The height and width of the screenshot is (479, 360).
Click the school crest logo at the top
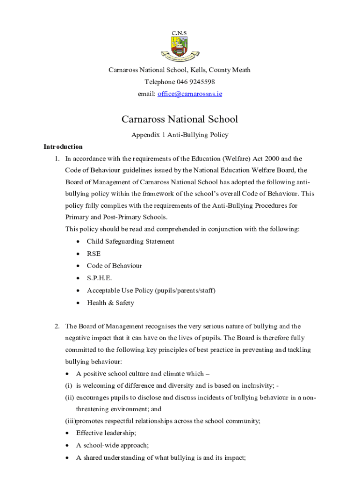coord(180,50)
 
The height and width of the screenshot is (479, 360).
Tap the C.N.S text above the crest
coord(180,33)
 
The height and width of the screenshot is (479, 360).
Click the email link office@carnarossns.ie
coord(190,94)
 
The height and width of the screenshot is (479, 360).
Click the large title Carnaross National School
coord(180,119)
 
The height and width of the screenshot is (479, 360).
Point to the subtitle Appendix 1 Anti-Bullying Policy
coord(180,135)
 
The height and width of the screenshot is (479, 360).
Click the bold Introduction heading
coord(63,146)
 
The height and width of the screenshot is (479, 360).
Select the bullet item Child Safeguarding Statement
coord(130,241)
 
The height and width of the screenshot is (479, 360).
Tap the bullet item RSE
coord(94,254)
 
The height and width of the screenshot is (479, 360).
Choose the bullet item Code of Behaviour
coord(114,266)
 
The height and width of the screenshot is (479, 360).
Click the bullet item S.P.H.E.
coord(99,278)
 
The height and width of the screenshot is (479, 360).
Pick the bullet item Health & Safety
coord(110,303)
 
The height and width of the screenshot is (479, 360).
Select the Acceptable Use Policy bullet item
coord(151,290)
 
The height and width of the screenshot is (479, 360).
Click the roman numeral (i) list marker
coord(68,385)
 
